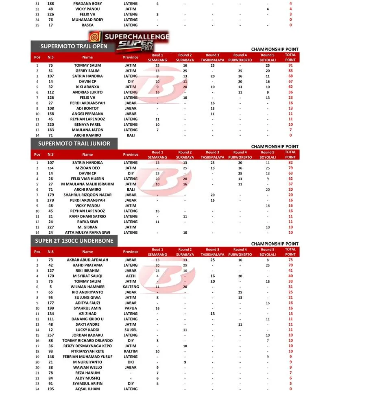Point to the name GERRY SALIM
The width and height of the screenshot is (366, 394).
pyautogui.click(x=87, y=71)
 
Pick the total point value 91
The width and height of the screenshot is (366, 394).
pyautogui.click(x=290, y=65)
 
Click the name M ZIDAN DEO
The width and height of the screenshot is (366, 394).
pyautogui.click(x=87, y=168)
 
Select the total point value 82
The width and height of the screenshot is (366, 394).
pyautogui.click(x=290, y=163)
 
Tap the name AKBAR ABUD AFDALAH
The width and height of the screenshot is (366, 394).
pyautogui.click(x=87, y=260)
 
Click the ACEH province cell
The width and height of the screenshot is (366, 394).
pyautogui.click(x=131, y=276)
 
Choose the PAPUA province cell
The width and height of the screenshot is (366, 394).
pyautogui.click(x=131, y=308)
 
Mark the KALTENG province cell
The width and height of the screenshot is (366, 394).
pyautogui.click(x=131, y=287)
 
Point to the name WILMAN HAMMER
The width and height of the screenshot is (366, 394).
pyautogui.click(x=87, y=287)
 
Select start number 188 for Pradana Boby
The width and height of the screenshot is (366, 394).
pyautogui.click(x=50, y=4)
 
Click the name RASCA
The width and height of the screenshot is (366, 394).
pyautogui.click(x=87, y=25)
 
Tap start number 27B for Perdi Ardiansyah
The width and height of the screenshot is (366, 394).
pyautogui.click(x=50, y=200)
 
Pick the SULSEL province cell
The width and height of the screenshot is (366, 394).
pyautogui.click(x=131, y=330)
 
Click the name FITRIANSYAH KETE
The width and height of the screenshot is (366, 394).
pyautogui.click(x=87, y=351)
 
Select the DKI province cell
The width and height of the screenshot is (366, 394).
pyautogui.click(x=131, y=362)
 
